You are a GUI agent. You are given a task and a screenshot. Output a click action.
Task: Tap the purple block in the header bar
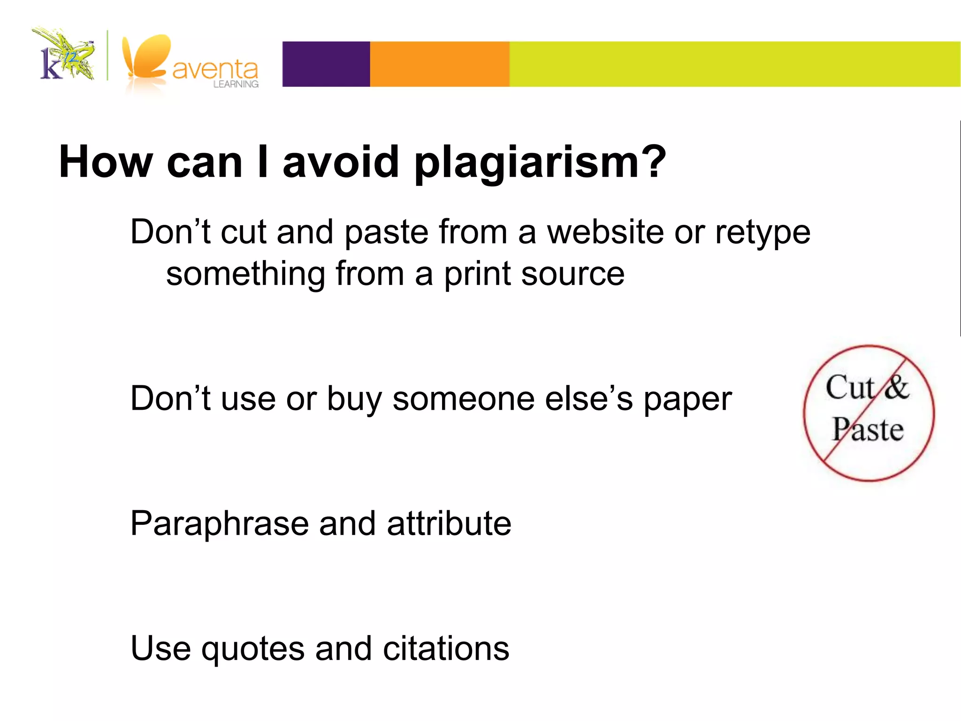(x=326, y=64)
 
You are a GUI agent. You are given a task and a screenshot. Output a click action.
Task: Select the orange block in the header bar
(x=440, y=64)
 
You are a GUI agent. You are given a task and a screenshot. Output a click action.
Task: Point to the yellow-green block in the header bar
(x=734, y=64)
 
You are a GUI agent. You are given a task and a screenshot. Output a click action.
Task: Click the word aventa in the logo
(x=215, y=69)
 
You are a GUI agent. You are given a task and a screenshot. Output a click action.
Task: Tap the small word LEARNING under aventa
(x=236, y=84)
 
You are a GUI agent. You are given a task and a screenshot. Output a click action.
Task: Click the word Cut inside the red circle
(x=849, y=388)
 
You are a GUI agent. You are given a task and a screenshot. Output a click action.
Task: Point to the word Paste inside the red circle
(x=868, y=430)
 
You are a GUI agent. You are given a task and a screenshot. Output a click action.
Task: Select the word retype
(x=763, y=233)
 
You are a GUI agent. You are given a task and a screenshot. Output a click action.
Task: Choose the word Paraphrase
(x=219, y=524)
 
